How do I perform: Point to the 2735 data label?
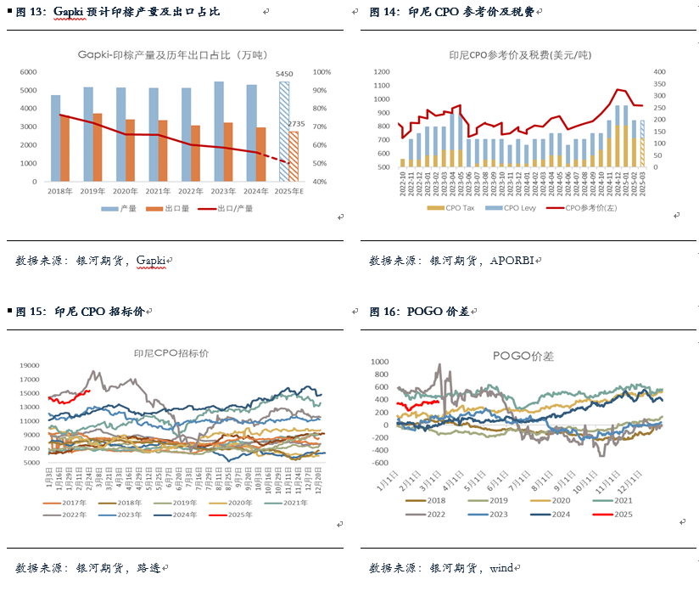(296, 124)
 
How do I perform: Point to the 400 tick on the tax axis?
(661, 72)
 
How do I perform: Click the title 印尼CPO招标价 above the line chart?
(171, 352)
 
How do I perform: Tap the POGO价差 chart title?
(523, 357)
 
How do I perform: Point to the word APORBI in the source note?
(512, 261)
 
